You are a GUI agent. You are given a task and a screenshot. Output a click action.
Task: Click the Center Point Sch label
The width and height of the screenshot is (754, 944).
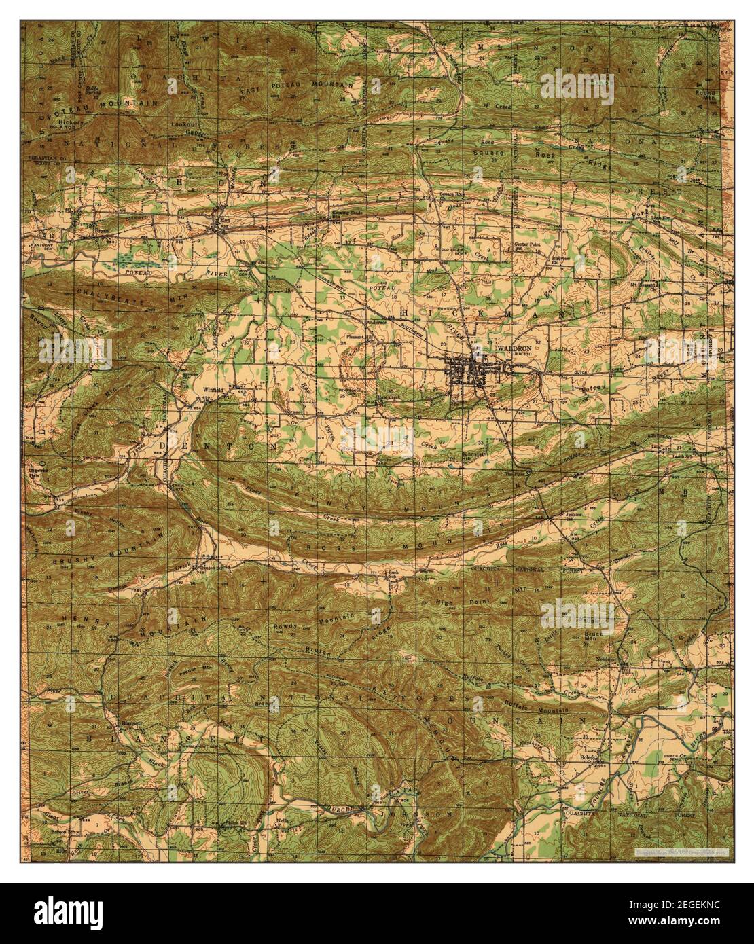point(524,247)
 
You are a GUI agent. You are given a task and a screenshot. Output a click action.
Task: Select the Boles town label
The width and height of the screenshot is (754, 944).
point(587,757)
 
